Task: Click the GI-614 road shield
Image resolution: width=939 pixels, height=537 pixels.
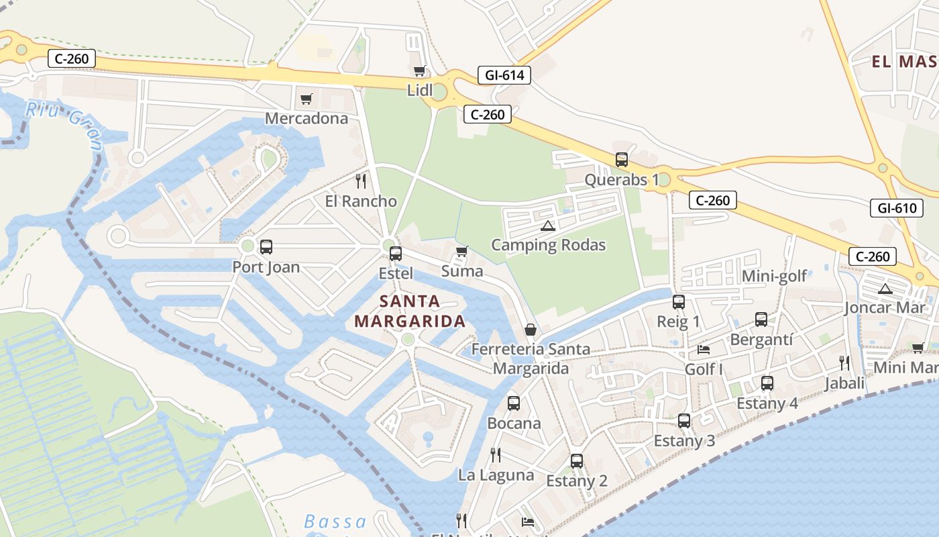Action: coord(504,75)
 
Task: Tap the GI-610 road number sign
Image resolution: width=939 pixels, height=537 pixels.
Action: coord(896,208)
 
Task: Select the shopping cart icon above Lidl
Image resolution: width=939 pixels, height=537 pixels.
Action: coord(420,71)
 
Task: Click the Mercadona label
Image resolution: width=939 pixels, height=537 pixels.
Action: coord(307,119)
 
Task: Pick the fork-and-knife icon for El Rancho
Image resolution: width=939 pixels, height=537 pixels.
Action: coord(361,181)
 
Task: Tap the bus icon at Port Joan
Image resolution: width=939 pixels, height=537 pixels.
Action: coord(266,246)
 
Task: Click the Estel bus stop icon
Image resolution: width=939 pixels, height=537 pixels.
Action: coord(396,253)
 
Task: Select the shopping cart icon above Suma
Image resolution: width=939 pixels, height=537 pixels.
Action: coord(461,252)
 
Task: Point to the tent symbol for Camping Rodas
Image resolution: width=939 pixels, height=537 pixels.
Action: coord(548,226)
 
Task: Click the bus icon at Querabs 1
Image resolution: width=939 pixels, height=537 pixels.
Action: coord(622,160)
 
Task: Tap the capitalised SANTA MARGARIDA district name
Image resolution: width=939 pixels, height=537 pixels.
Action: coord(410,311)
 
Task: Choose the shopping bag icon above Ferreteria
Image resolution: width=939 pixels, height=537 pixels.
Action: coord(531,330)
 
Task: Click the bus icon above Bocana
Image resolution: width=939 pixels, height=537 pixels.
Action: coord(514,403)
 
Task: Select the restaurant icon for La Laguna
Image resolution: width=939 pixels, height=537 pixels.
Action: coord(496,455)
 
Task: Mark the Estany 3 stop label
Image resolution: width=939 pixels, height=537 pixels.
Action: coord(684,441)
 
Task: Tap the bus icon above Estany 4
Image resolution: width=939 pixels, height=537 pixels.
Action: coord(767,383)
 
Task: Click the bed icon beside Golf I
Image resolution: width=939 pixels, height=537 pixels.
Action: coord(704,349)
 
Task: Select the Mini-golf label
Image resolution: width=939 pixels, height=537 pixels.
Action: coord(774,277)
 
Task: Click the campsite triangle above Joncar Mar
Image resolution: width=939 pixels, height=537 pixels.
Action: coord(885,289)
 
